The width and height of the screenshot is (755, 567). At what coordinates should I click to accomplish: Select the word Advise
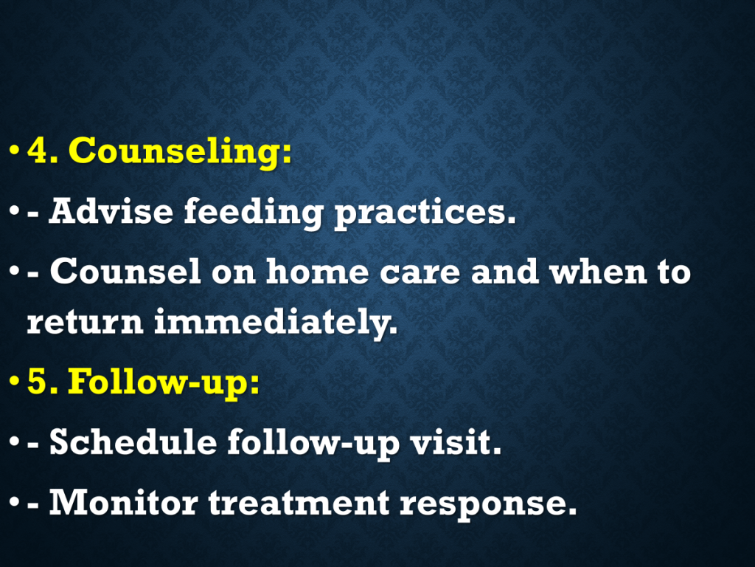[111, 211]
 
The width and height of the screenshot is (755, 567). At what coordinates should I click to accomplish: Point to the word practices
[425, 213]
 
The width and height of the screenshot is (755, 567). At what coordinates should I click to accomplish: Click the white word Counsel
[125, 271]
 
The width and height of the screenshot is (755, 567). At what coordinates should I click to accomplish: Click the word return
[86, 322]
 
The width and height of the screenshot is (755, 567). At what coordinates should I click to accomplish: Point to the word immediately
[276, 322]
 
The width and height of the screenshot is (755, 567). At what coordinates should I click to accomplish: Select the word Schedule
[133, 441]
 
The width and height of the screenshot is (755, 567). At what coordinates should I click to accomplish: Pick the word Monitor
[123, 502]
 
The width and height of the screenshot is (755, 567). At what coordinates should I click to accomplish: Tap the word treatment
[299, 502]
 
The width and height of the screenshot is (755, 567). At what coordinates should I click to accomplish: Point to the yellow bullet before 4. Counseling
[15, 149]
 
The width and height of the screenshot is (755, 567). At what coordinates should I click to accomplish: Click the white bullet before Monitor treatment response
[15, 503]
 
